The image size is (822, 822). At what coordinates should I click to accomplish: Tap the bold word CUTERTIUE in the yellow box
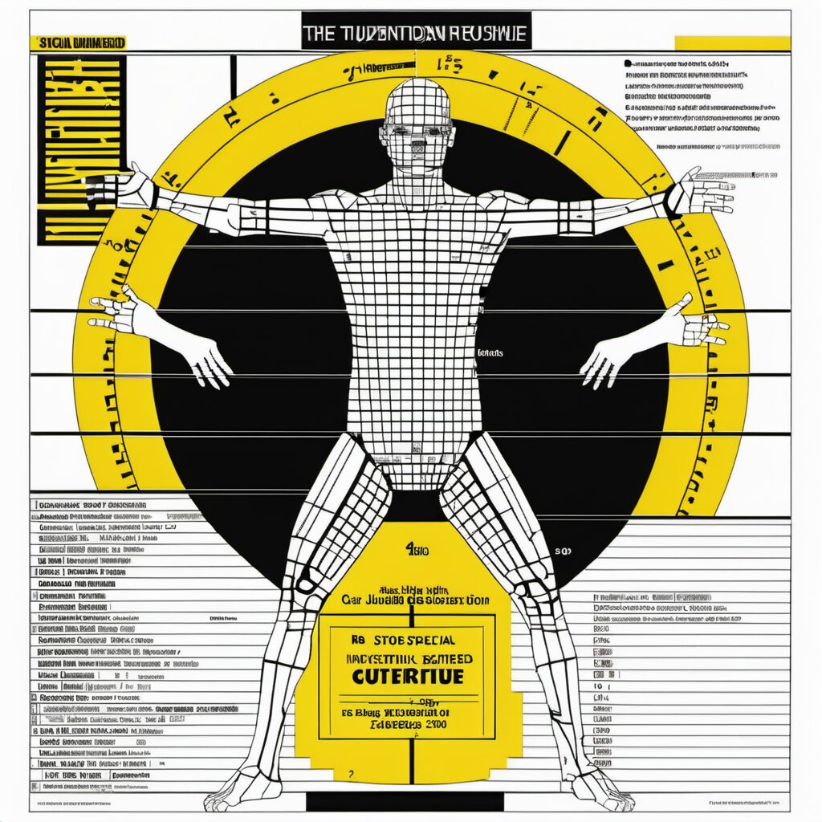[x=407, y=676]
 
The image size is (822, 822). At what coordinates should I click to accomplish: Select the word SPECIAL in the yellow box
[x=426, y=641]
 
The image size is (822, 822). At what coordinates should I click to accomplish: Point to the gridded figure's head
[x=417, y=120]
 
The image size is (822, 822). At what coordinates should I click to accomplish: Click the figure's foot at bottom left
[x=233, y=795]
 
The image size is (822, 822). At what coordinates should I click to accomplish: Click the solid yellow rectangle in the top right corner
[x=732, y=43]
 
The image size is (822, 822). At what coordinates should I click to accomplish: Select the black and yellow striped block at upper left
[x=80, y=149]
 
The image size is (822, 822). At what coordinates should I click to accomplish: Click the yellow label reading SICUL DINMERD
[x=77, y=42]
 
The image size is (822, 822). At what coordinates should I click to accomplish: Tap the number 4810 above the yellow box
[x=416, y=551]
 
